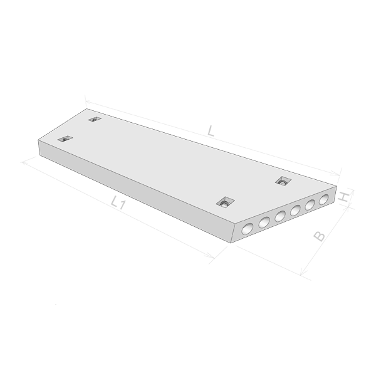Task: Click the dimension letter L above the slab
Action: pos(211,131)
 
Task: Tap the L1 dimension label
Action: pos(118,202)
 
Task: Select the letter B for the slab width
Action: pos(320,236)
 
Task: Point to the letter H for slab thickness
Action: pos(343,197)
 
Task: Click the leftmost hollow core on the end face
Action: pos(248,229)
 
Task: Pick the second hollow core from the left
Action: pos(264,222)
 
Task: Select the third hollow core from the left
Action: pos(280,216)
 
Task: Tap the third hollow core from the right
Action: pos(295,211)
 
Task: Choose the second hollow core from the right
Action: pos(310,204)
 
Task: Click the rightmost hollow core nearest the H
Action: pos(324,199)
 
